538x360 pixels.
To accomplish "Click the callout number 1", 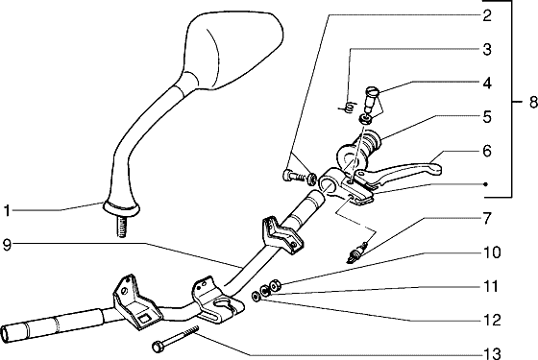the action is pyautogui.click(x=7, y=211).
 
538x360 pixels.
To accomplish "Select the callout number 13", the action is pyautogui.click(x=492, y=353).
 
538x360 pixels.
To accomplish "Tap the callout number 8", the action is pyautogui.click(x=533, y=102).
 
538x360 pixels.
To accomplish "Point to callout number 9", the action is pyautogui.click(x=7, y=245).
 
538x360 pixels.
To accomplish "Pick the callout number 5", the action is pyautogui.click(x=487, y=116).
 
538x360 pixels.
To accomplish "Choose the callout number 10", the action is pyautogui.click(x=492, y=252).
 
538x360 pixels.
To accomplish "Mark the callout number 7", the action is pyautogui.click(x=487, y=219).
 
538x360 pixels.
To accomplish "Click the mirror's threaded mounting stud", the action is pyautogui.click(x=122, y=227).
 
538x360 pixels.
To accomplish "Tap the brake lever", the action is pyautogui.click(x=398, y=172).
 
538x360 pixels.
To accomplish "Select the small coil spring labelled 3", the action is pyautogui.click(x=347, y=108).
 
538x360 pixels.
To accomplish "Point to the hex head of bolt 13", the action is pyautogui.click(x=159, y=347).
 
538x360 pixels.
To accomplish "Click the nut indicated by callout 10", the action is pyautogui.click(x=276, y=285).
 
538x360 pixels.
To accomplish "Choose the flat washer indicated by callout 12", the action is pyautogui.click(x=256, y=297).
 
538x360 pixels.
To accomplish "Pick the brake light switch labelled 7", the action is pyautogui.click(x=356, y=252).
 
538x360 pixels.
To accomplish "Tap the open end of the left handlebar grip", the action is pyautogui.click(x=6, y=334).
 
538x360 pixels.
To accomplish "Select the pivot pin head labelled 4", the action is pyautogui.click(x=372, y=91).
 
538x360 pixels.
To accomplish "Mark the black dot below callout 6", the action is pyautogui.click(x=485, y=184).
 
